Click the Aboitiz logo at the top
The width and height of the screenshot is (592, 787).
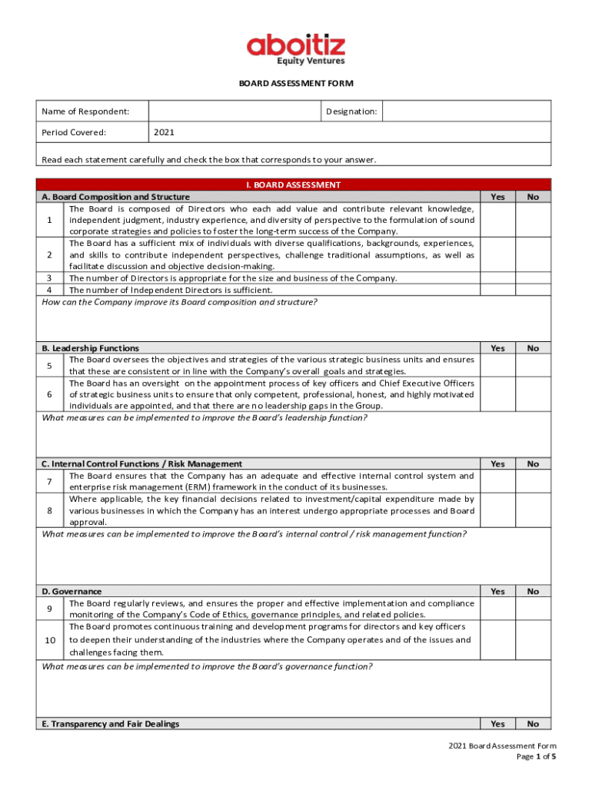click(295, 50)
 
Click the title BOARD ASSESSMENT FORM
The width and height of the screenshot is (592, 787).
click(295, 84)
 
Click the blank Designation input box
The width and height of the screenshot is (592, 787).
click(466, 111)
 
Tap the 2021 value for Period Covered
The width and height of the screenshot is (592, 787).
click(164, 132)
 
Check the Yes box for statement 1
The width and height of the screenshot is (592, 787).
click(497, 220)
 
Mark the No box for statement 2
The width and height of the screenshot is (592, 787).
click(533, 254)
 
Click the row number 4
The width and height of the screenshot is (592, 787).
click(49, 290)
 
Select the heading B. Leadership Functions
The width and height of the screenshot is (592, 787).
click(91, 348)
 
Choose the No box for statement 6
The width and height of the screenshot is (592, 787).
click(533, 393)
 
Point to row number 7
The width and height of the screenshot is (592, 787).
click(49, 481)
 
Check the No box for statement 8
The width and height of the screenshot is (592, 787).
click(533, 510)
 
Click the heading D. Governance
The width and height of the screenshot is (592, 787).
click(72, 591)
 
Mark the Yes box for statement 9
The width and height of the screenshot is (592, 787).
click(497, 609)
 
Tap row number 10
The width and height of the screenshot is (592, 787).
click(50, 640)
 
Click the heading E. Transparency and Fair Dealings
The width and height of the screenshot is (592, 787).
click(110, 724)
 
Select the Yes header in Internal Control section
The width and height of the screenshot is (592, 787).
click(497, 463)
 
